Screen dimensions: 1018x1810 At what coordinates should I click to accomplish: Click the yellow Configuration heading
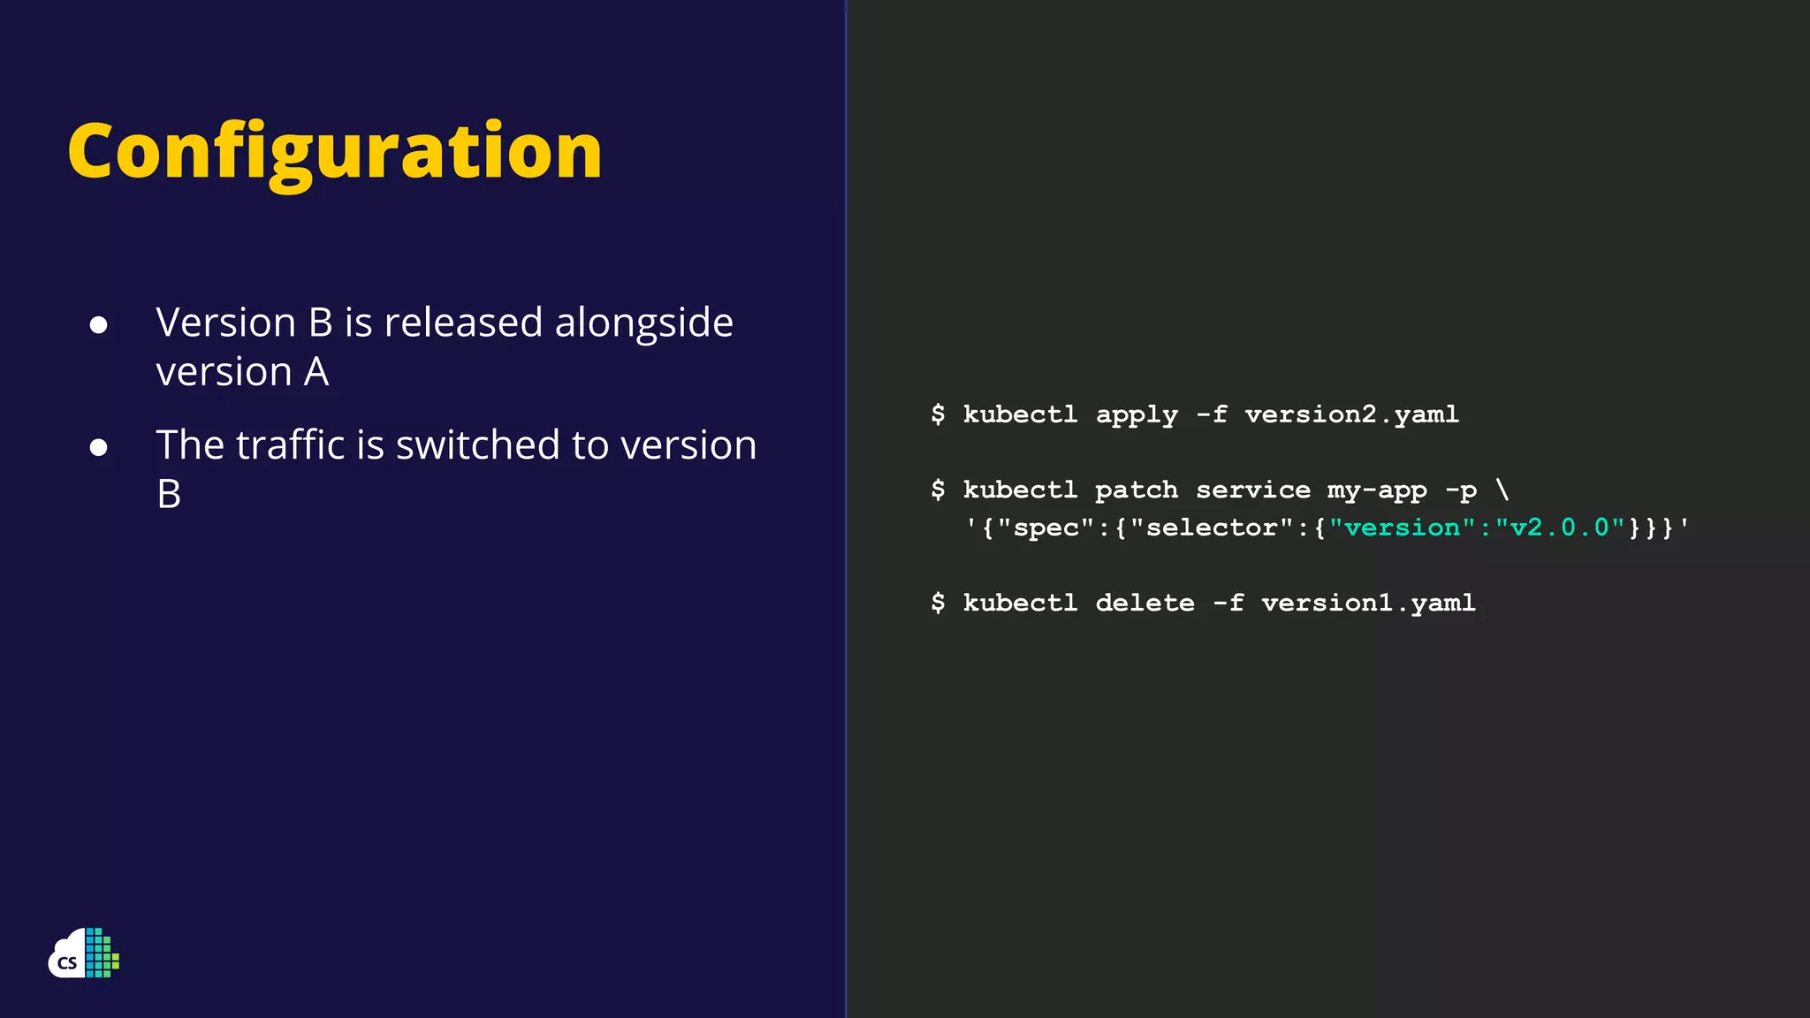pyautogui.click(x=334, y=152)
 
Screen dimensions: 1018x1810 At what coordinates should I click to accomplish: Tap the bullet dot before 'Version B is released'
pyautogui.click(x=99, y=325)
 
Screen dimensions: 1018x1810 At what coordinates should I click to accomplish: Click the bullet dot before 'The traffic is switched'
pyautogui.click(x=99, y=447)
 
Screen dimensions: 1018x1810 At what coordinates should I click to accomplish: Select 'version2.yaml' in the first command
pyautogui.click(x=1351, y=414)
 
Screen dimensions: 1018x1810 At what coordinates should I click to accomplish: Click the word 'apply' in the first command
pyautogui.click(x=1137, y=414)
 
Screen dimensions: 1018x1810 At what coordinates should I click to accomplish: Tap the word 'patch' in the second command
pyautogui.click(x=1136, y=490)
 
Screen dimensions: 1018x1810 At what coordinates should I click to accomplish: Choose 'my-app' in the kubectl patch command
pyautogui.click(x=1376, y=490)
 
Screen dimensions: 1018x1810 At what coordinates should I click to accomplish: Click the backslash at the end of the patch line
pyautogui.click(x=1502, y=489)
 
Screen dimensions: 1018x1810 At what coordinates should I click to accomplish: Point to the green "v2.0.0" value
pyautogui.click(x=1560, y=528)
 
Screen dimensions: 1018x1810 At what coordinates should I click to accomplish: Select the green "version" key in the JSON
pyautogui.click(x=1402, y=528)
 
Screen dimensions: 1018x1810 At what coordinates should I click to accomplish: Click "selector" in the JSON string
pyautogui.click(x=1213, y=528)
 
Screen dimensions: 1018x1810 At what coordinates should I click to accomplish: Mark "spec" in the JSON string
pyautogui.click(x=1046, y=528)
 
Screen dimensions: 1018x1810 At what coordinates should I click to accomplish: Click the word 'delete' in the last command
pyautogui.click(x=1145, y=603)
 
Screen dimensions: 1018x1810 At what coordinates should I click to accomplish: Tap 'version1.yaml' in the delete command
pyautogui.click(x=1368, y=603)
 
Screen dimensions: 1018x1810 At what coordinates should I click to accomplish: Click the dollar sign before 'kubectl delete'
pyautogui.click(x=938, y=603)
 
